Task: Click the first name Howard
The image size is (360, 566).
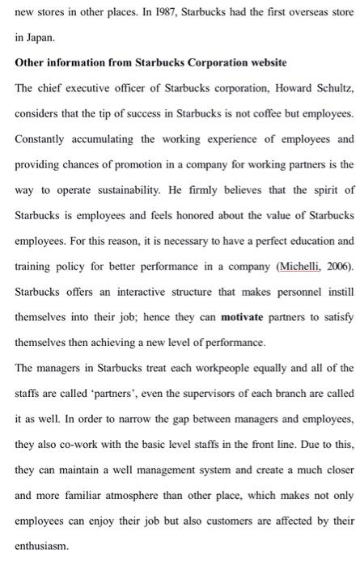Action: pos(277,88)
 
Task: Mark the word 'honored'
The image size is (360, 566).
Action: pos(218,215)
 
